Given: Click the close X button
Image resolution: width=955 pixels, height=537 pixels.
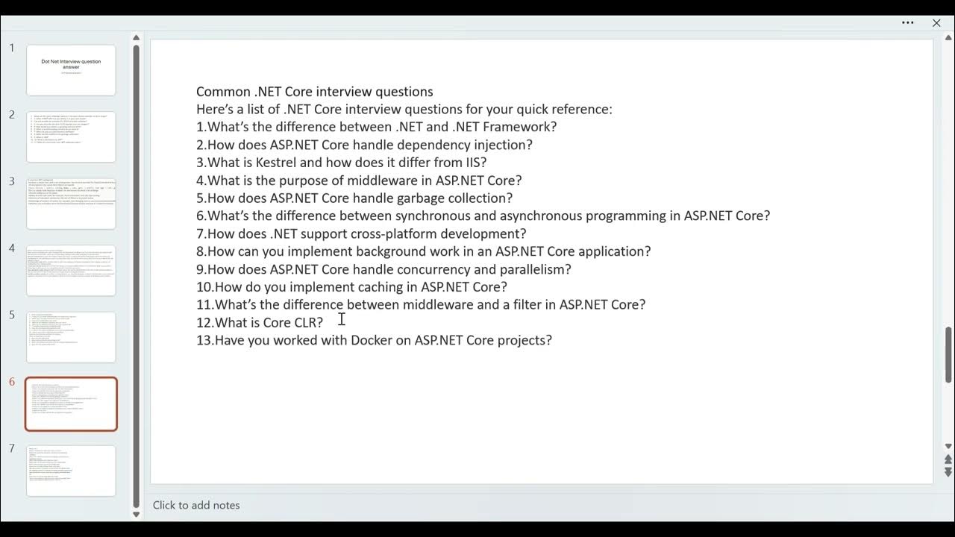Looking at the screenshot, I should tap(936, 23).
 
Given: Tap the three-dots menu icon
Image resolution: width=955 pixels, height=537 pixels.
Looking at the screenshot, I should tap(908, 23).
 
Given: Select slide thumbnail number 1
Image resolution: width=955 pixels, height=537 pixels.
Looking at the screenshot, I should tap(71, 70).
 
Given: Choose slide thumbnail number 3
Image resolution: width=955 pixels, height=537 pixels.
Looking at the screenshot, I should tap(71, 203).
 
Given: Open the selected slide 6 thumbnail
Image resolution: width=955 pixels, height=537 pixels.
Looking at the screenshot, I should tap(71, 404).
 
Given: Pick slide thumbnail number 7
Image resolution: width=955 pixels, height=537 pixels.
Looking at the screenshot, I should tap(71, 471).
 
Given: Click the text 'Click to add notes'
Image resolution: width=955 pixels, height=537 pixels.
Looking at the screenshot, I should tap(196, 505).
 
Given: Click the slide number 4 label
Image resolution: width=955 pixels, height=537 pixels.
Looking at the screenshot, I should tap(12, 248).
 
